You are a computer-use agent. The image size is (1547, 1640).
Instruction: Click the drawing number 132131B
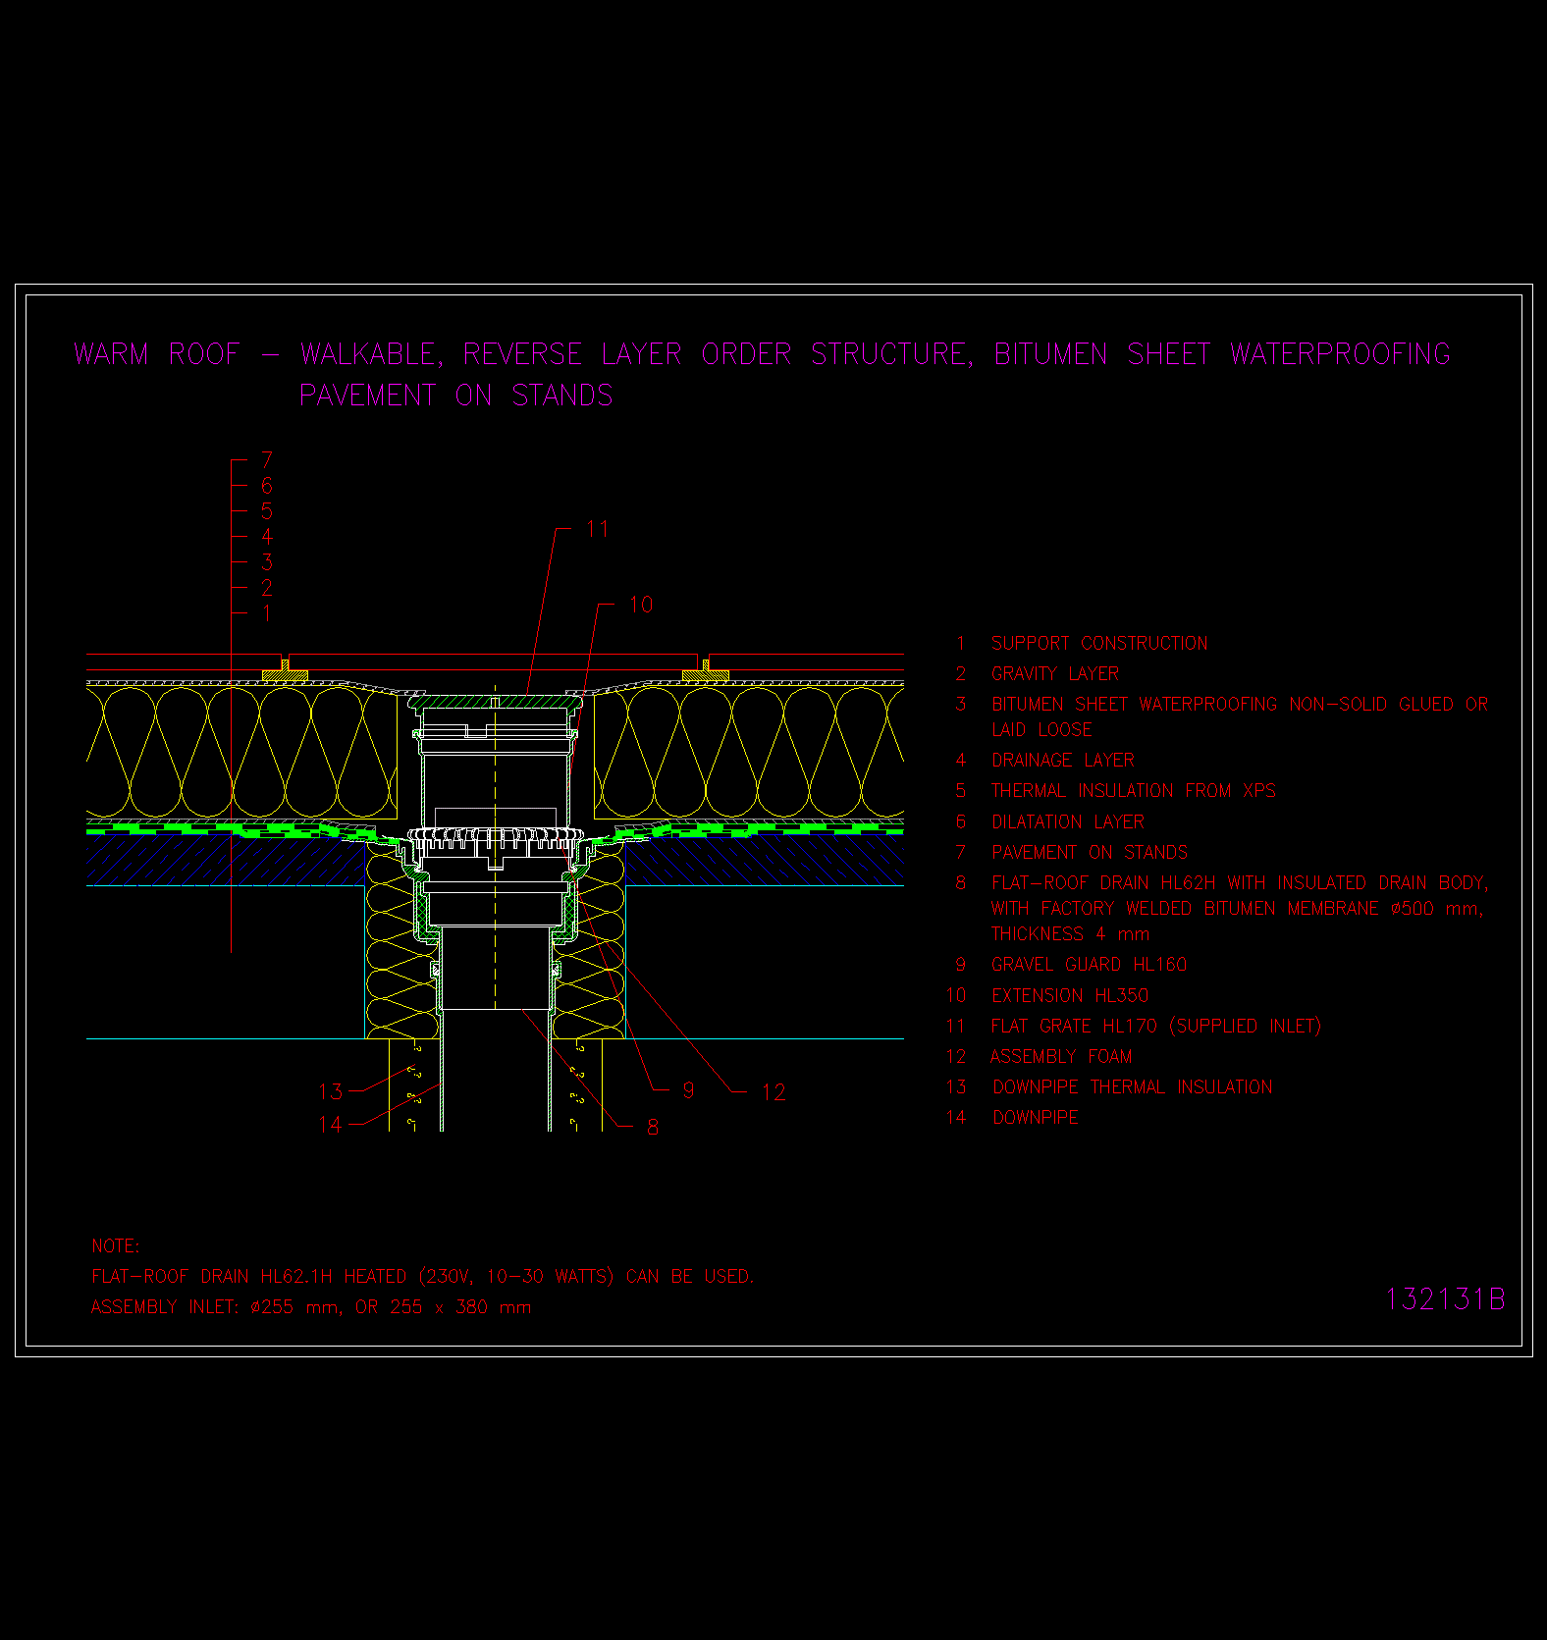[1444, 1298]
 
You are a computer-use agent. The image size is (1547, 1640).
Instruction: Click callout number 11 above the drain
[598, 530]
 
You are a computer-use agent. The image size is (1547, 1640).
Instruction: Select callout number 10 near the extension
[640, 605]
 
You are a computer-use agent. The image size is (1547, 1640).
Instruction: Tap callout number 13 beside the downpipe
[331, 1091]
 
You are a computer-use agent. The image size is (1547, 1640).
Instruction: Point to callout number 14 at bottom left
[331, 1124]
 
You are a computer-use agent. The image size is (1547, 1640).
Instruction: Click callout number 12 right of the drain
[773, 1092]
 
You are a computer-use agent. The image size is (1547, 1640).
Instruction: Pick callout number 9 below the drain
[688, 1091]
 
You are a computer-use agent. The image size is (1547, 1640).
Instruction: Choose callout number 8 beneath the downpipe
[653, 1127]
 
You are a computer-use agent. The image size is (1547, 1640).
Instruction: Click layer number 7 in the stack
[267, 459]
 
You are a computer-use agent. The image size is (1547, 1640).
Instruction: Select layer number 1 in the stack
[267, 613]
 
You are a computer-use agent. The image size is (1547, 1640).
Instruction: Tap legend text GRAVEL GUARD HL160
[1089, 965]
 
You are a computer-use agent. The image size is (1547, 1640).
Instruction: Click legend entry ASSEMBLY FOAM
[1061, 1057]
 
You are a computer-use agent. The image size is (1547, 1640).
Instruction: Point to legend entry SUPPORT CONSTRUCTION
[1099, 644]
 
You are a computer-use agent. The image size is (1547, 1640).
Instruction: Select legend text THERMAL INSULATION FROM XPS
[1134, 791]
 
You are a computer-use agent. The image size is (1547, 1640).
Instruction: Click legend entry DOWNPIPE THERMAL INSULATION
[1133, 1087]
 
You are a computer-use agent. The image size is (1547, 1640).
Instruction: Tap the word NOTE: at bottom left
[116, 1246]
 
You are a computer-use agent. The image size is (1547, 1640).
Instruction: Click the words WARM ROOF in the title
[157, 354]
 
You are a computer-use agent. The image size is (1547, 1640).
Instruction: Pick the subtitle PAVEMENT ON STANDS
[456, 396]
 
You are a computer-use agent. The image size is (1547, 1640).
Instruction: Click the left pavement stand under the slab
[285, 670]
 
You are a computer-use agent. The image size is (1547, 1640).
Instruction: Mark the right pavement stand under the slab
[705, 670]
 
